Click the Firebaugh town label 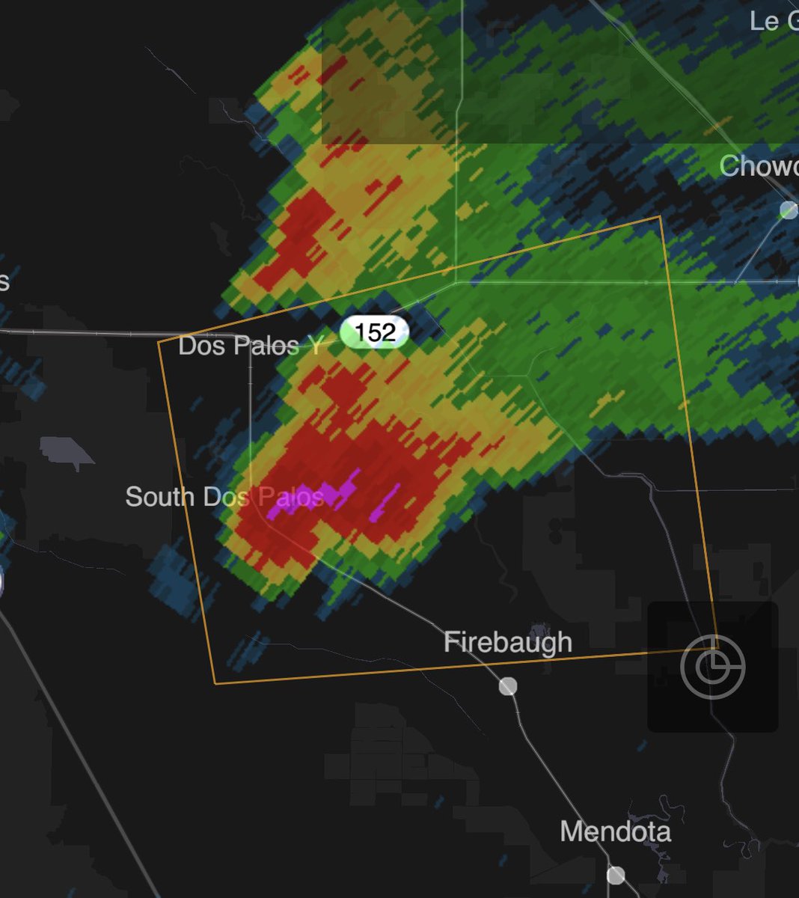(x=507, y=642)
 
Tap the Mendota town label (x=615, y=831)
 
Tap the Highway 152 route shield (x=375, y=331)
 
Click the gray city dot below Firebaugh (x=508, y=685)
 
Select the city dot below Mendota (x=616, y=875)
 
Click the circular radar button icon (x=712, y=665)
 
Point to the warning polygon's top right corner (x=660, y=218)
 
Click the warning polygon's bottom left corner (x=215, y=682)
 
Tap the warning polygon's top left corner (x=159, y=342)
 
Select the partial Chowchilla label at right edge (x=757, y=166)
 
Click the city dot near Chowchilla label (x=788, y=210)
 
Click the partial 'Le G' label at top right (x=773, y=21)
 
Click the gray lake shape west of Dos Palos (x=67, y=452)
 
